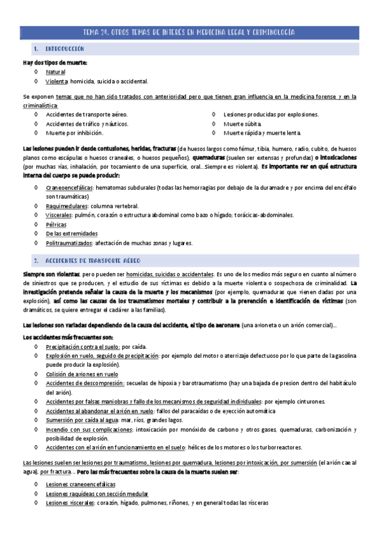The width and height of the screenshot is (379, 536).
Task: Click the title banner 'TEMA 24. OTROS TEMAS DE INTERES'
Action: (189, 32)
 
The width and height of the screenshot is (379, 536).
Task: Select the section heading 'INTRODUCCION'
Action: (66, 49)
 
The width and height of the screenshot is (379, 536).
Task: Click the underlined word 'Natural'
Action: (56, 72)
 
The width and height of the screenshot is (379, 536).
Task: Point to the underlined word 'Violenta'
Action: (57, 82)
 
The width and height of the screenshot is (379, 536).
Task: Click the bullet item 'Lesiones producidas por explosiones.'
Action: (271, 114)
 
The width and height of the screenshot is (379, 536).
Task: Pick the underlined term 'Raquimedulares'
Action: (66, 206)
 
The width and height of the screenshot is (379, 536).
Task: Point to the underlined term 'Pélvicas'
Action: (56, 224)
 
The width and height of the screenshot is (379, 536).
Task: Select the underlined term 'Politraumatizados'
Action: (70, 243)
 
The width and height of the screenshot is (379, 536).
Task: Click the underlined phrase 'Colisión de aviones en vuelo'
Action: (82, 374)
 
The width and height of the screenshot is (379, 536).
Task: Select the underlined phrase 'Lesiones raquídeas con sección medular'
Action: (97, 494)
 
